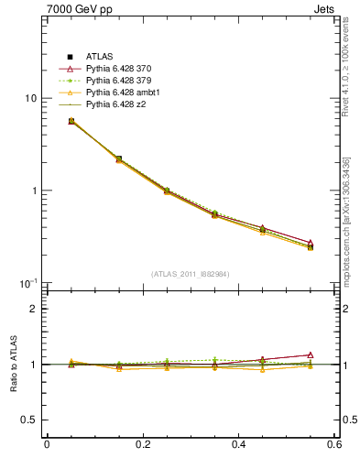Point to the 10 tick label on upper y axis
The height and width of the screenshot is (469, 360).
point(30,99)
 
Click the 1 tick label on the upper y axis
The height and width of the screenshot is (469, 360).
point(34,191)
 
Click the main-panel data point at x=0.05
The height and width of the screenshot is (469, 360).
point(71,121)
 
